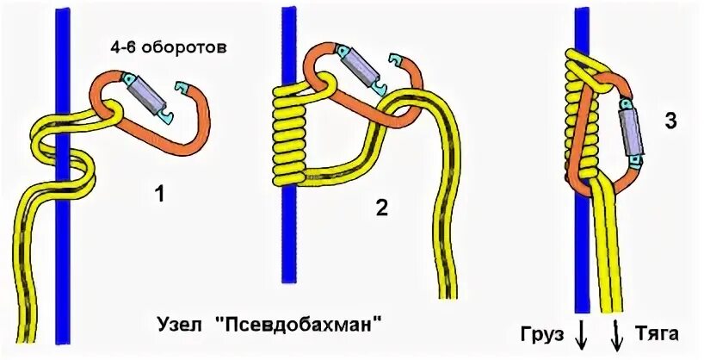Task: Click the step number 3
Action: tap(670, 122)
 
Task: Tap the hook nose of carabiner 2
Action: tap(397, 61)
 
